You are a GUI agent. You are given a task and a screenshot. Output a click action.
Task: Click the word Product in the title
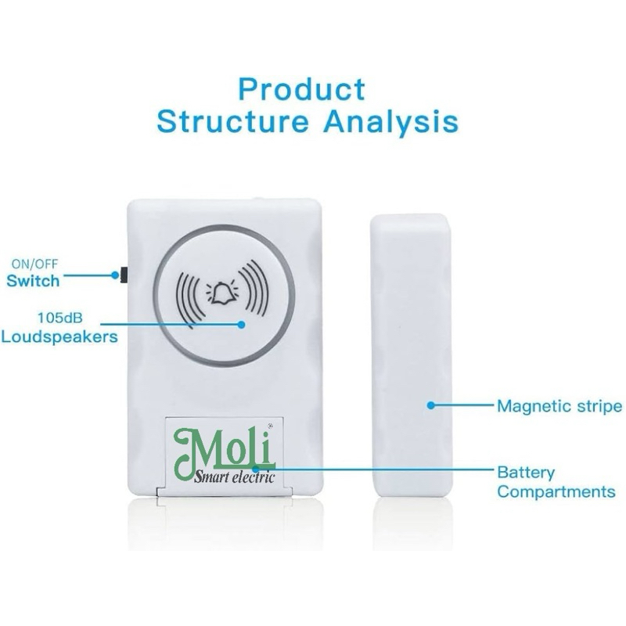coord(301,88)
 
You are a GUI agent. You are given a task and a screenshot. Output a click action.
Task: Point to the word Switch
coord(33,279)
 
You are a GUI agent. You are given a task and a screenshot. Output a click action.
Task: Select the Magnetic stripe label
coord(559,406)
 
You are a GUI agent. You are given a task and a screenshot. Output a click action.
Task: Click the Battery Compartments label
coord(556,482)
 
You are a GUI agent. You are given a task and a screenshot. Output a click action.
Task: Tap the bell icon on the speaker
coord(222,291)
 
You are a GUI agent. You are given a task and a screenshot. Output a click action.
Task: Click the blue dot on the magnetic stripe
coord(430,405)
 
